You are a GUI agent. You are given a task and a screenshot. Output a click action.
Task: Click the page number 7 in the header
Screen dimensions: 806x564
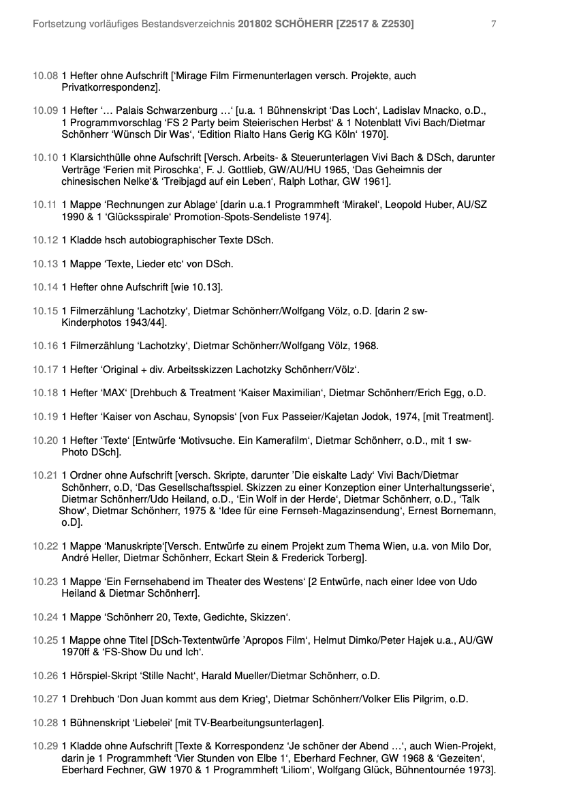(493, 25)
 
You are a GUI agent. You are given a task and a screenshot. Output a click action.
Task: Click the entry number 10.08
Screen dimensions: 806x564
(46, 76)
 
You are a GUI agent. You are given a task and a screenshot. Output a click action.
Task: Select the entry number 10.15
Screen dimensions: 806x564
(46, 312)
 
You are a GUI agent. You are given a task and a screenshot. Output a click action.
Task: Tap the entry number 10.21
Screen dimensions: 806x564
(46, 475)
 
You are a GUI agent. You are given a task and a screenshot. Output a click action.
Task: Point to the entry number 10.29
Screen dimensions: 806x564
(46, 745)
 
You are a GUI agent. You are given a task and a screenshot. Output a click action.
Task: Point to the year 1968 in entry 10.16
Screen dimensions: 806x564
(365, 346)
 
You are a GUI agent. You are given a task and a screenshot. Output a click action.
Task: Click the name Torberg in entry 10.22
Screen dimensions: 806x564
(339, 558)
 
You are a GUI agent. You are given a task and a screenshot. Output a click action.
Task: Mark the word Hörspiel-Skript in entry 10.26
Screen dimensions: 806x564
(99, 676)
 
